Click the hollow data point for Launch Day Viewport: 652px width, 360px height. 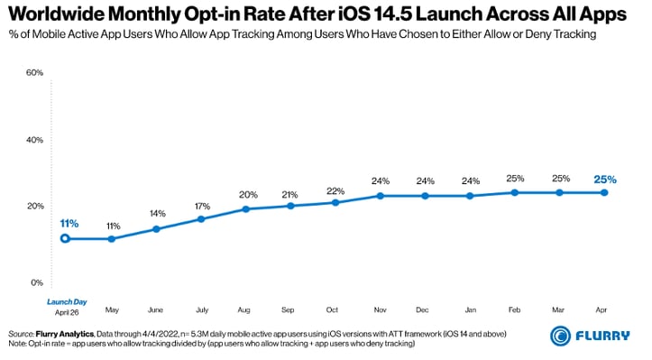click(65, 239)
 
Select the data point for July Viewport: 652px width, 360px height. click(200, 219)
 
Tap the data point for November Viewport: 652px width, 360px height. click(380, 196)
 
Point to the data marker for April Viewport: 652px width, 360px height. click(603, 192)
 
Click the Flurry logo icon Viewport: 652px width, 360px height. click(561, 336)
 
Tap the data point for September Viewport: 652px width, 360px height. click(289, 206)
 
